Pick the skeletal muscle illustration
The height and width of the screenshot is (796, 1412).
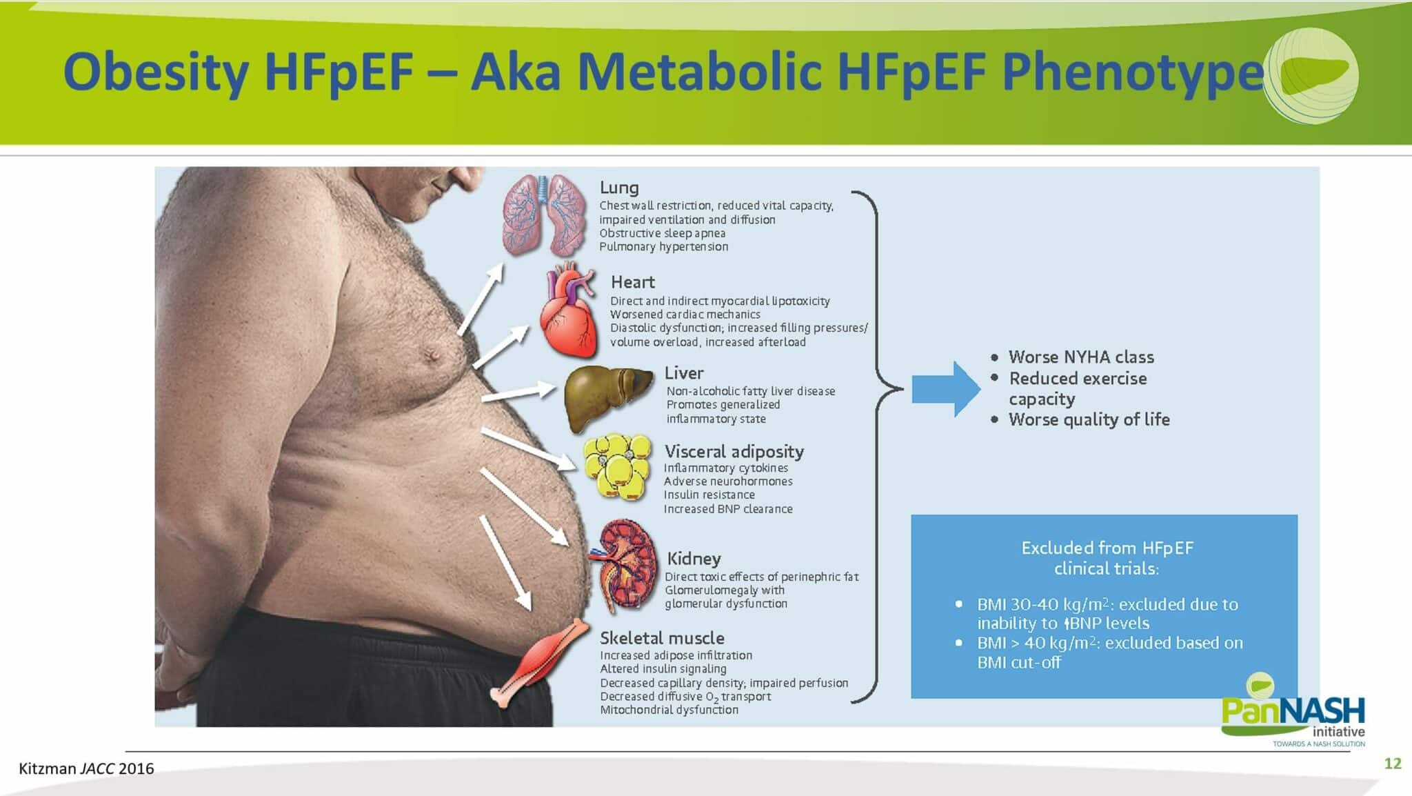pyautogui.click(x=541, y=662)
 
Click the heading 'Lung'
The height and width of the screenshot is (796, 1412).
pyautogui.click(x=619, y=188)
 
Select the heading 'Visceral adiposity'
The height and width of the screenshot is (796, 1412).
pyautogui.click(x=734, y=452)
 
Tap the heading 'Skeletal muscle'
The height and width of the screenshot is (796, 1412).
pyautogui.click(x=662, y=638)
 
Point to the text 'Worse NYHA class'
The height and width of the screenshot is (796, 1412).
pyautogui.click(x=1081, y=357)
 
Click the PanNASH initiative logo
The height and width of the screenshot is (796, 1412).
pyautogui.click(x=1293, y=710)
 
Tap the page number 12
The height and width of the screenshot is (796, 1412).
pyautogui.click(x=1393, y=763)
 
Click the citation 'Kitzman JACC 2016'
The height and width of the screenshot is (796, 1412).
pyautogui.click(x=86, y=768)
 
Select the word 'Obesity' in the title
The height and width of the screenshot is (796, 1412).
pyautogui.click(x=156, y=72)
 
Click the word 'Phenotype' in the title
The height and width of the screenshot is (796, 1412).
pyautogui.click(x=1133, y=72)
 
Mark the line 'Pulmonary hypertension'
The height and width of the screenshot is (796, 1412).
pyautogui.click(x=663, y=247)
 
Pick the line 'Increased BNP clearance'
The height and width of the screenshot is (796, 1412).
pyautogui.click(x=728, y=509)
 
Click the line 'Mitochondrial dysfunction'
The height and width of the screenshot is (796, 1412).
pyautogui.click(x=669, y=710)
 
